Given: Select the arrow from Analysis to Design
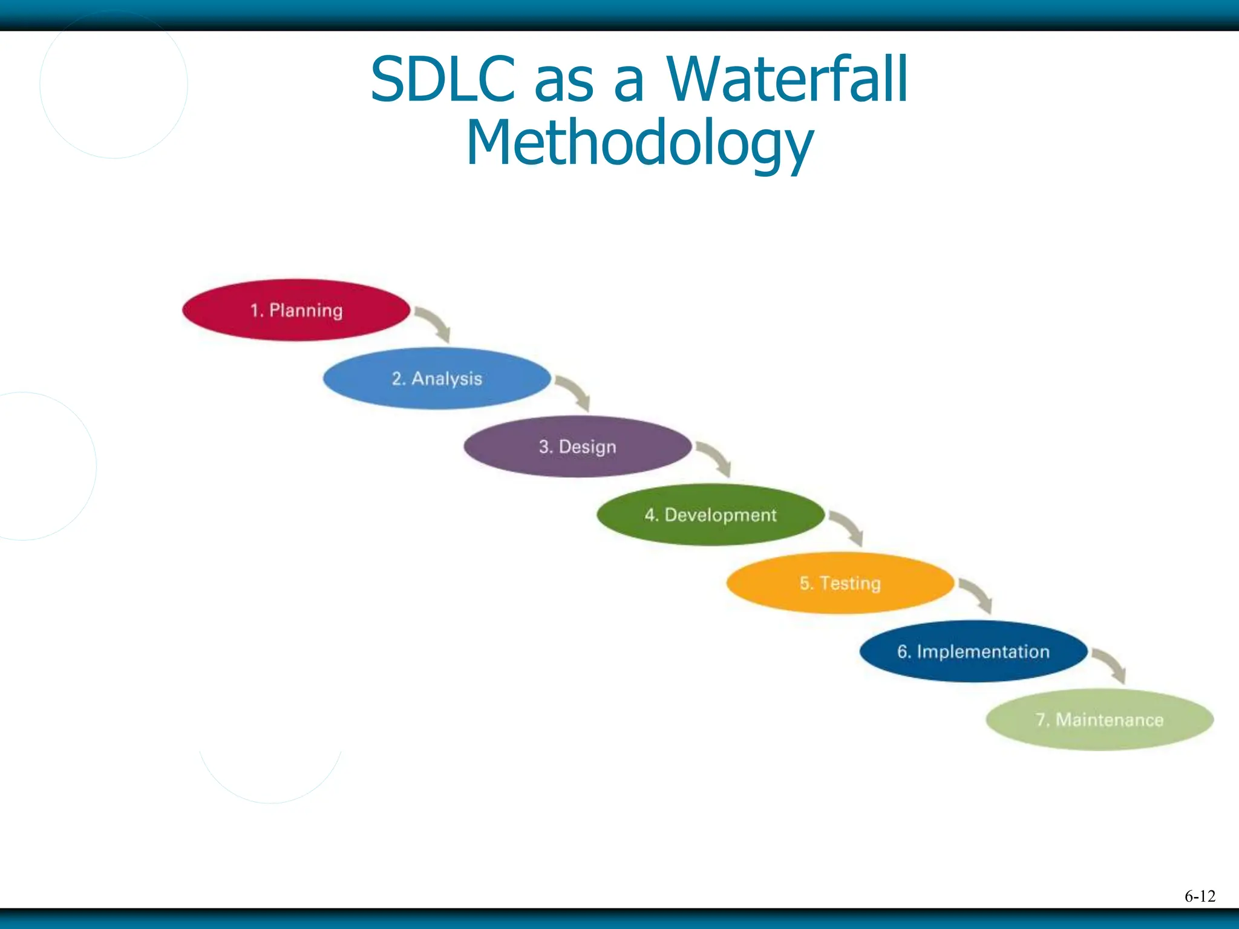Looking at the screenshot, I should point(575,392).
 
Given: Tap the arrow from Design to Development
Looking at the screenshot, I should point(716,458).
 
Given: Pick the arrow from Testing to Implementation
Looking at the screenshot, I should point(978,595).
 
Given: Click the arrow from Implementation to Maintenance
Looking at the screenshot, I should point(1111,665).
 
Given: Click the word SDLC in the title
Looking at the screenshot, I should point(442,79).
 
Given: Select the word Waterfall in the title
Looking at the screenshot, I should point(787,79).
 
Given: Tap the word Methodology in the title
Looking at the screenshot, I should point(639,143).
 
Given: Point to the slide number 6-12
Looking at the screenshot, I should point(1200,896).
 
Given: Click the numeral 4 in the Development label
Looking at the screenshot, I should point(650,515).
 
